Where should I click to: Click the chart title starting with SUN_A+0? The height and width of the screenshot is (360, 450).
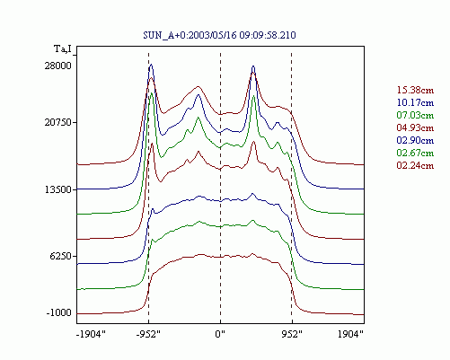[219, 35]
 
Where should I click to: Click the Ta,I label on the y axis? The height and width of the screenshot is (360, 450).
[63, 48]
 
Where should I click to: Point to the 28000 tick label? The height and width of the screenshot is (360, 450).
[58, 66]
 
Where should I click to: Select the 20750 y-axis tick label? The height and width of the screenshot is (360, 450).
[58, 122]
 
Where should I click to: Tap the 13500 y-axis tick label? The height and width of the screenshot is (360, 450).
[58, 189]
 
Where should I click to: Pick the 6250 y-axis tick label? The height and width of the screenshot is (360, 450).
[61, 256]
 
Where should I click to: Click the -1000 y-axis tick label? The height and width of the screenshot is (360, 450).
[59, 313]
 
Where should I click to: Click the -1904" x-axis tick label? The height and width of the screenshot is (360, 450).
[92, 334]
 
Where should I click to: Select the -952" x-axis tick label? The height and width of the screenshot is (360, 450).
[148, 334]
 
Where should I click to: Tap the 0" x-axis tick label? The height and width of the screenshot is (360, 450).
[220, 334]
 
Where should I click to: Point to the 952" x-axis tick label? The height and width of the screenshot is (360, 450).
[292, 334]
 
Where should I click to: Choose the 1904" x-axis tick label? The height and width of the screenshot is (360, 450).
[350, 334]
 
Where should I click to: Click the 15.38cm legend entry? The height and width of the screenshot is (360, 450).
[415, 90]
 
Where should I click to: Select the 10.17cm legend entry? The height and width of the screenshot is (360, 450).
[415, 102]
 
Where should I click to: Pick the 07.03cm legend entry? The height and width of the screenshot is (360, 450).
[415, 115]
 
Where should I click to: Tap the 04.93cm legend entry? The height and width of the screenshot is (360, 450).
[415, 127]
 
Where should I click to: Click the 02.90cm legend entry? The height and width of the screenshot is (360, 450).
[415, 140]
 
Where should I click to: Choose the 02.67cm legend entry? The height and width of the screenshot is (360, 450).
[415, 153]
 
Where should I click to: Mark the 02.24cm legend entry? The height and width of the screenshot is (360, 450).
[415, 165]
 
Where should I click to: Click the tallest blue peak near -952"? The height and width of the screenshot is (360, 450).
[151, 65]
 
